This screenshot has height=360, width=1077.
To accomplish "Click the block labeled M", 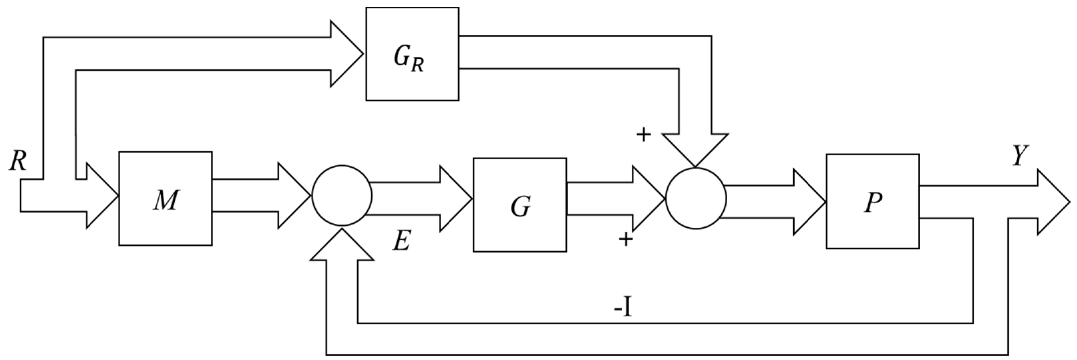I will [165, 198].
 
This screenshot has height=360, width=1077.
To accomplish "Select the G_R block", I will [412, 54].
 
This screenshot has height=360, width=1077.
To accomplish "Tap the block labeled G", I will [520, 205].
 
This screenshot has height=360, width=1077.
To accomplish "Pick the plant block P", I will [873, 201].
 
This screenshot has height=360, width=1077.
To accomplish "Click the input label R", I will [18, 161].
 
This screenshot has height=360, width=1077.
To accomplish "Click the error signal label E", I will [401, 241].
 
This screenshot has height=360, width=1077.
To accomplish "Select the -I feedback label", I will [623, 310].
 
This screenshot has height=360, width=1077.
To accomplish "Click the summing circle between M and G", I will [342, 195].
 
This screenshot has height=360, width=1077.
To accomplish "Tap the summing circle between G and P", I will [696, 198].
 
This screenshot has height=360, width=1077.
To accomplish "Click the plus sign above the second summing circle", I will [643, 135].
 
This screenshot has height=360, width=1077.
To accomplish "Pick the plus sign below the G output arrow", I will [626, 239].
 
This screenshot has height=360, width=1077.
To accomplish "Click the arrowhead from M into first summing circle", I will [293, 195].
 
